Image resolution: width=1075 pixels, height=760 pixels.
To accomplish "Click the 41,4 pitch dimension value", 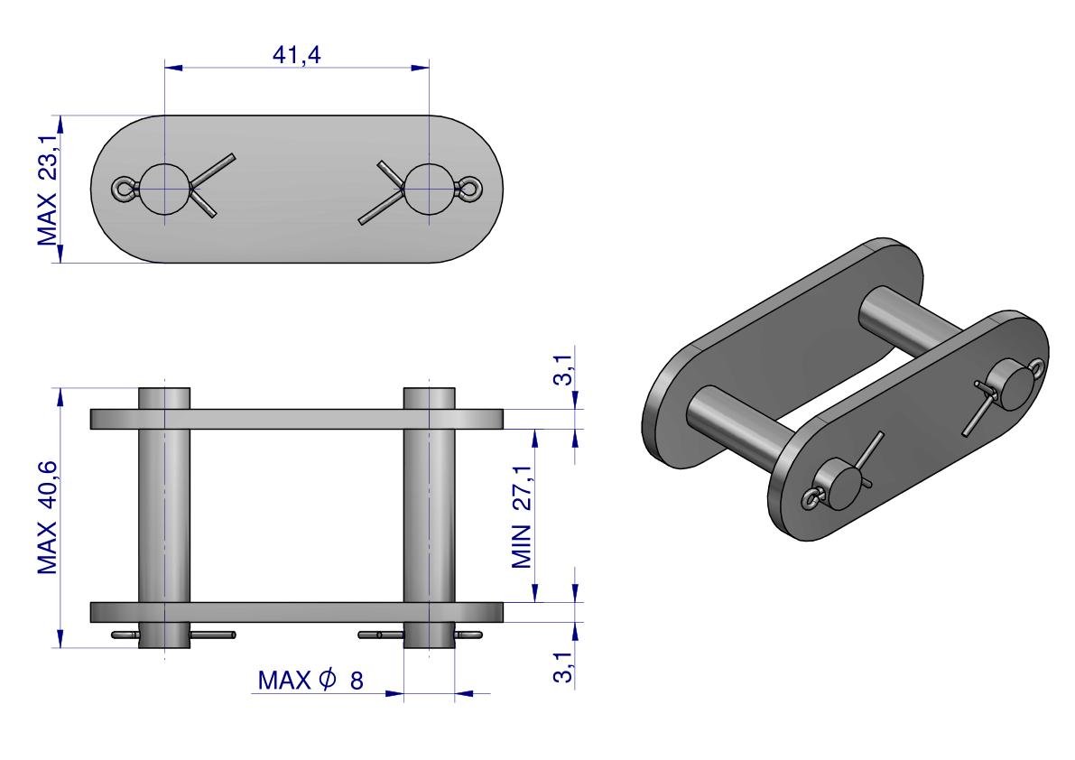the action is pyautogui.click(x=296, y=54).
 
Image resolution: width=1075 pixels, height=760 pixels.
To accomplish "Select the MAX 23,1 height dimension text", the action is pyautogui.click(x=47, y=190).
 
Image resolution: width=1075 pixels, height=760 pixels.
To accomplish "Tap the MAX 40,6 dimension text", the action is pyautogui.click(x=47, y=517).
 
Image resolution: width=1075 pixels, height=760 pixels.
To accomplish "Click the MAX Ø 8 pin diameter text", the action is pyautogui.click(x=310, y=680).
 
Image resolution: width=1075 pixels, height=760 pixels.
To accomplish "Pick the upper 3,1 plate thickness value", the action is pyautogui.click(x=563, y=370).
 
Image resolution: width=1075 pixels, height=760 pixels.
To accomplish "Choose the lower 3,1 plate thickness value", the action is pyautogui.click(x=563, y=668).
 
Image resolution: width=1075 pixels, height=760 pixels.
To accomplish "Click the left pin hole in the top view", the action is pyautogui.click(x=164, y=190).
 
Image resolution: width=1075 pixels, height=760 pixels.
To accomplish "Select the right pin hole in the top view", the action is pyautogui.click(x=429, y=190).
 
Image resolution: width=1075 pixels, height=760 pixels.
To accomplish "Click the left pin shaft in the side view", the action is pyautogui.click(x=164, y=517).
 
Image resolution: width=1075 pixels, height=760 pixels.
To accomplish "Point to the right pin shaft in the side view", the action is pyautogui.click(x=429, y=517).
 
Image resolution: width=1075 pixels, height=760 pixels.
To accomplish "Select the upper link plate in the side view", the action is pyautogui.click(x=297, y=420).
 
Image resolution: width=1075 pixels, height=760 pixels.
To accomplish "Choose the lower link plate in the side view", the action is pyautogui.click(x=297, y=613).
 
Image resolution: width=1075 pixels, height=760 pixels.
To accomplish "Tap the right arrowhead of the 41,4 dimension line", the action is pyautogui.click(x=420, y=67).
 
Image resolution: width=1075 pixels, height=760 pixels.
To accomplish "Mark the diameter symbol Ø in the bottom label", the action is pyautogui.click(x=328, y=679).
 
